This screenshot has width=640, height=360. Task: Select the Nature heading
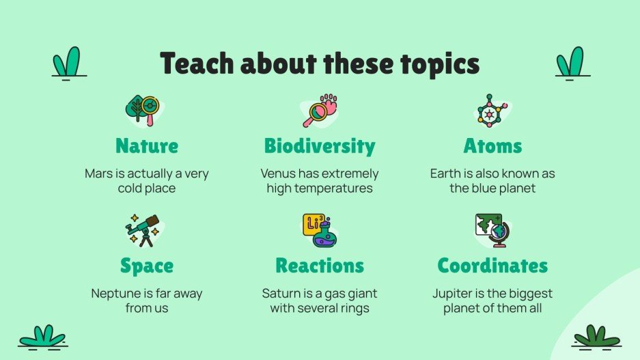point(147,146)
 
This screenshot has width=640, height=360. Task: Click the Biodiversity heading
point(320,146)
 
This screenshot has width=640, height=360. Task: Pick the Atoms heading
point(492,146)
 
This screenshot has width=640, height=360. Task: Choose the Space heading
point(147,265)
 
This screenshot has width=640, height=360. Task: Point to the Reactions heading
point(320,265)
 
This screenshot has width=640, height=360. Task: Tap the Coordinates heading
point(492,265)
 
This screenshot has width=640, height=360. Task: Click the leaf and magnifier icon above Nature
point(142,110)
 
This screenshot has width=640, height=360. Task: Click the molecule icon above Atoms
point(491,110)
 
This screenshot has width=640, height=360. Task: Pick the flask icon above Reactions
point(319,230)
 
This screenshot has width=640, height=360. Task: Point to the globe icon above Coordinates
point(493,230)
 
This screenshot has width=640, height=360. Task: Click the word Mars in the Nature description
point(98,174)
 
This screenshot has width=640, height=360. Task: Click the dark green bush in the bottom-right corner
point(596,336)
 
